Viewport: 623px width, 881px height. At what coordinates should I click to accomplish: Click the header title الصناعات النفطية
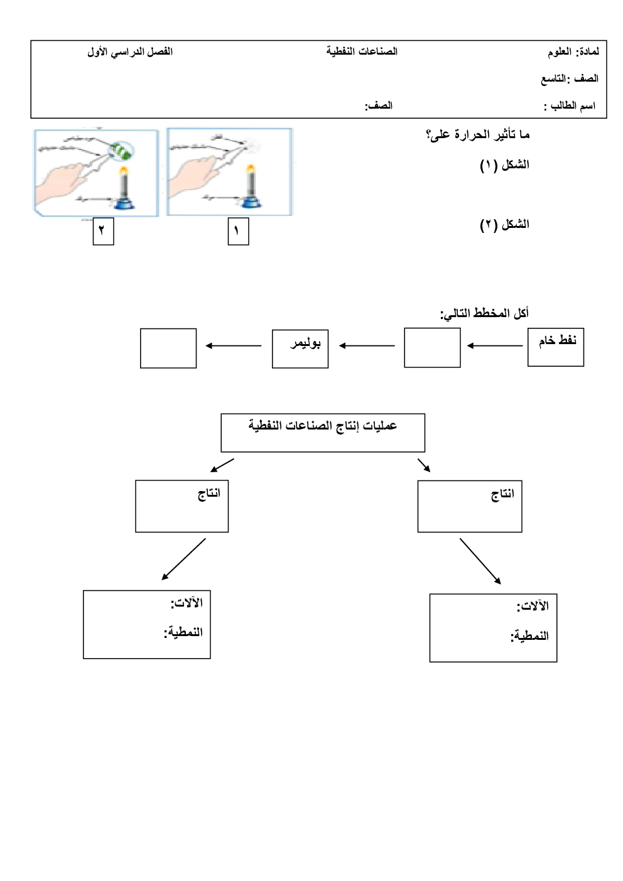click(x=362, y=51)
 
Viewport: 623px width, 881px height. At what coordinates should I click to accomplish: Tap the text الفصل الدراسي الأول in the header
click(x=130, y=51)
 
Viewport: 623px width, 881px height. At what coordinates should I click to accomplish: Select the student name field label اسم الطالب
click(x=570, y=105)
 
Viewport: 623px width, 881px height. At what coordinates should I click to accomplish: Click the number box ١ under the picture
click(x=238, y=231)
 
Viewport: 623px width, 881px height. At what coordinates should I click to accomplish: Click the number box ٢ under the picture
click(x=103, y=231)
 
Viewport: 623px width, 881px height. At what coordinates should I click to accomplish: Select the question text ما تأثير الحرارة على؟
click(x=477, y=134)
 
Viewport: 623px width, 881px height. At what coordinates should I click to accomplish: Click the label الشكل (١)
click(x=504, y=165)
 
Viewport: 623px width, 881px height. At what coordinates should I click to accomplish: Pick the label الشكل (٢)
click(x=504, y=224)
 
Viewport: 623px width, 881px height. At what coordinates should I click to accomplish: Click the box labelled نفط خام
click(x=556, y=347)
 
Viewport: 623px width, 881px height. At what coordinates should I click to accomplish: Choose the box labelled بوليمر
click(x=300, y=349)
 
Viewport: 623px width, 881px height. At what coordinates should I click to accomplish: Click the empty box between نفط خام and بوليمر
click(x=432, y=347)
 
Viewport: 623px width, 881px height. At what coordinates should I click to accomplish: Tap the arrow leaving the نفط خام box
click(x=495, y=345)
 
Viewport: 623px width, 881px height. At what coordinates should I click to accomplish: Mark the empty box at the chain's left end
click(x=168, y=348)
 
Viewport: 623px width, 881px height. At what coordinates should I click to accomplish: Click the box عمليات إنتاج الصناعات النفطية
click(x=323, y=432)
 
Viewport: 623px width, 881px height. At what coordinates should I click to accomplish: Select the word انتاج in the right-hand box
click(x=502, y=494)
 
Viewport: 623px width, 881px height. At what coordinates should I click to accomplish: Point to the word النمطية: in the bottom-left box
click(x=183, y=632)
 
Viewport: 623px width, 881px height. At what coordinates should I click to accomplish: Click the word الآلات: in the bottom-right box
click(x=533, y=606)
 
